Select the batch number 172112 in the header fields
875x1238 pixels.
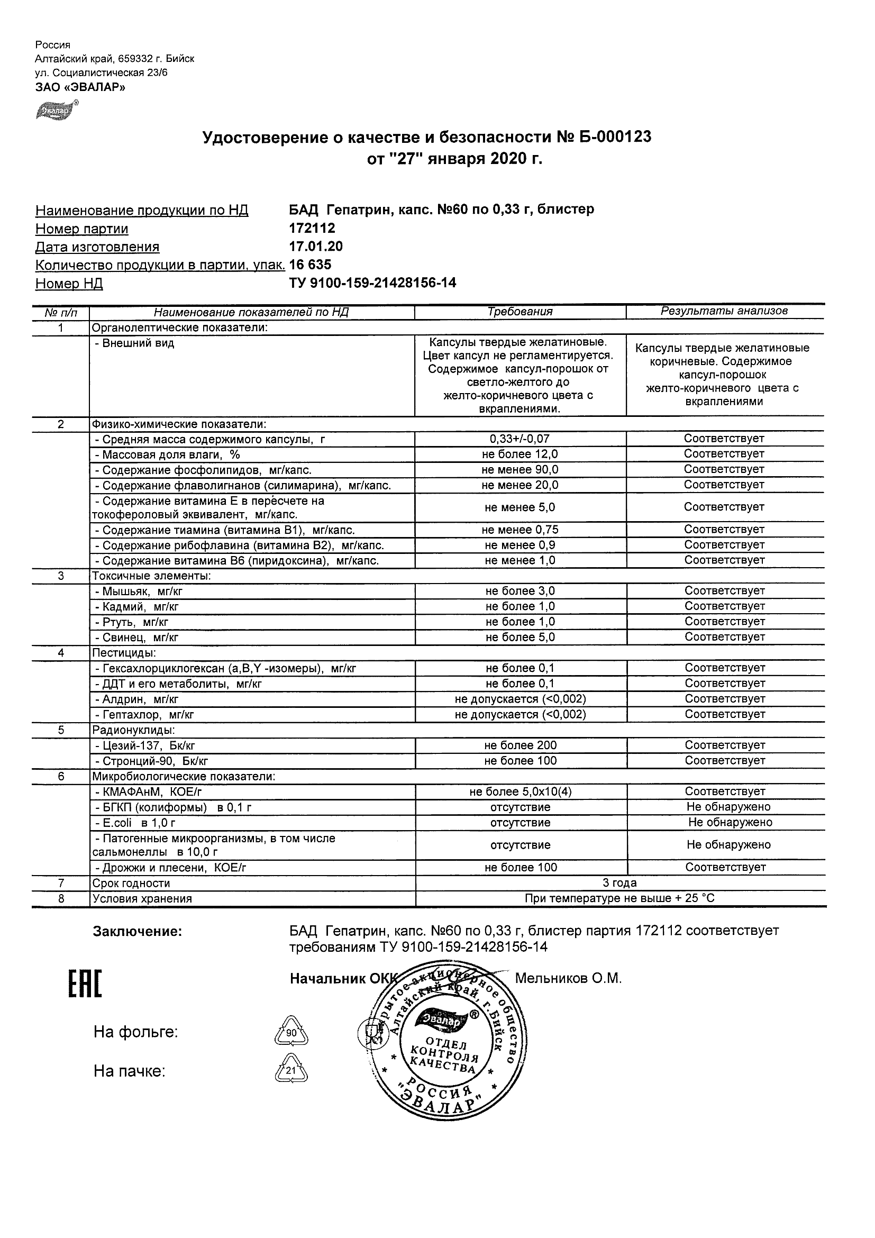point(312,229)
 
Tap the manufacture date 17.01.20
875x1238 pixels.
point(316,247)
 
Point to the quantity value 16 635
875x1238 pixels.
point(311,265)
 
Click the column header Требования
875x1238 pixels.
point(519,312)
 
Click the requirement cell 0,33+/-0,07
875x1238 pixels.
point(519,439)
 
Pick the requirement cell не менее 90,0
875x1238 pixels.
point(519,470)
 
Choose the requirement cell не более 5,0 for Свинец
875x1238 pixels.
point(519,638)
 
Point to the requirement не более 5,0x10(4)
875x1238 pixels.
point(520,791)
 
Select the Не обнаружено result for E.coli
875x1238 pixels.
point(730,822)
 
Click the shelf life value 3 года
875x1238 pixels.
point(619,882)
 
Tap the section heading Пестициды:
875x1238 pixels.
point(124,653)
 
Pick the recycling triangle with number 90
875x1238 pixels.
point(291,1033)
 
